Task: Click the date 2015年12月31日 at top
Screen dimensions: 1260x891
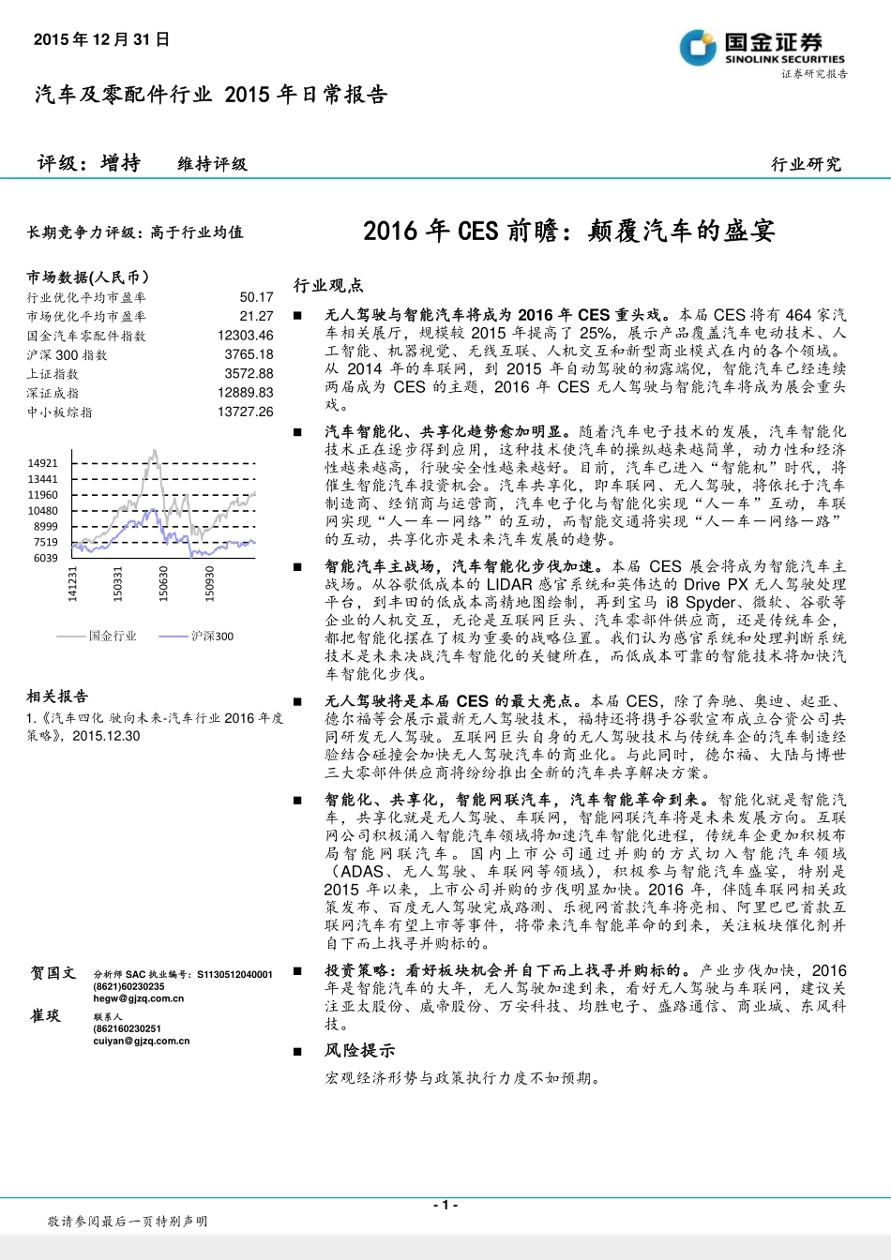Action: [x=102, y=39]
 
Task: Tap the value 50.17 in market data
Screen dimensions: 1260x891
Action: [x=256, y=297]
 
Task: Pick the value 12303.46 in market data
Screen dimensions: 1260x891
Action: [x=245, y=336]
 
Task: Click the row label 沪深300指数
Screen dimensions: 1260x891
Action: [x=68, y=355]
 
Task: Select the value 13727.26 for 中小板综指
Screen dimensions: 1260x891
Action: [x=245, y=412]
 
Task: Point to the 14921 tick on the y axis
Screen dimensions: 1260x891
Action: [x=43, y=463]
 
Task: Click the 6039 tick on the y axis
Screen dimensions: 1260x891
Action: [x=46, y=558]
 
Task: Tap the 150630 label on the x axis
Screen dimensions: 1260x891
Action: [x=163, y=583]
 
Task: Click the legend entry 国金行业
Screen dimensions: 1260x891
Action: [x=112, y=636]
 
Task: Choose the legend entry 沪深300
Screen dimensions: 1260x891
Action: [x=212, y=636]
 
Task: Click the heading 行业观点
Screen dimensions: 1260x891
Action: [x=328, y=285]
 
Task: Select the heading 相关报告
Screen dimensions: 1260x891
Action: [x=57, y=697]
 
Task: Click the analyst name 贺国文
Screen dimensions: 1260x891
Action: [x=52, y=974]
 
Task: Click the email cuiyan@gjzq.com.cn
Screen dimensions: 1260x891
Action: [x=141, y=1041]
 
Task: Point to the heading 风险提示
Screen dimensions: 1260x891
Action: [x=360, y=1051]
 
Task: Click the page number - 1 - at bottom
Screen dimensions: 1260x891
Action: [x=445, y=1206]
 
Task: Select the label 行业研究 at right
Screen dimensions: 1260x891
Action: [x=806, y=164]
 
